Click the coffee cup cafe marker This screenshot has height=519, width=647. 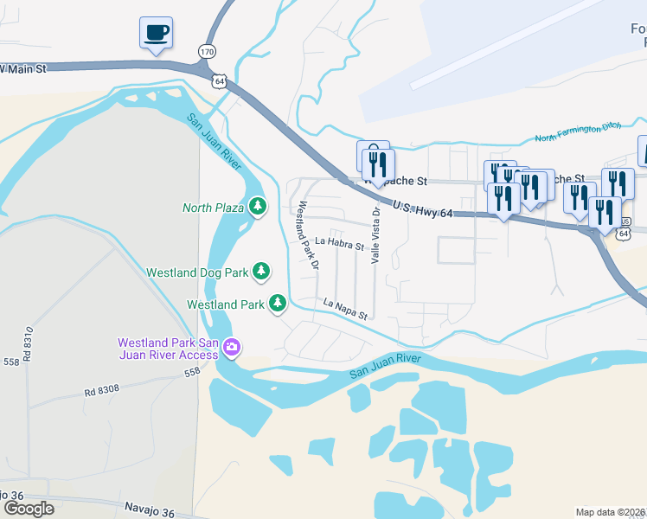coord(156,34)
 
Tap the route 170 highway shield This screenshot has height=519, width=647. coord(206,52)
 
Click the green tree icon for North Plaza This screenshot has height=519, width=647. coord(257,207)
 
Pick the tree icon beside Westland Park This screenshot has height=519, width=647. coord(278,304)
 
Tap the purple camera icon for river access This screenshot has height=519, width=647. coord(231,348)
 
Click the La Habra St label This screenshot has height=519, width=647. coord(339,245)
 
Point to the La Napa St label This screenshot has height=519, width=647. coord(346,308)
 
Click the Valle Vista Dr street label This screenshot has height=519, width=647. coord(376,234)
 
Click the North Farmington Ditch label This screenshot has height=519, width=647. coord(580,133)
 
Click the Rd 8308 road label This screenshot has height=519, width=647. coord(102,390)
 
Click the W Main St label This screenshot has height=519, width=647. coord(25,67)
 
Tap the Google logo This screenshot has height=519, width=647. coord(29,508)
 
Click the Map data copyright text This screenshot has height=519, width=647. coord(611,512)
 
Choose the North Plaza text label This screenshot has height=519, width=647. coord(214,208)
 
